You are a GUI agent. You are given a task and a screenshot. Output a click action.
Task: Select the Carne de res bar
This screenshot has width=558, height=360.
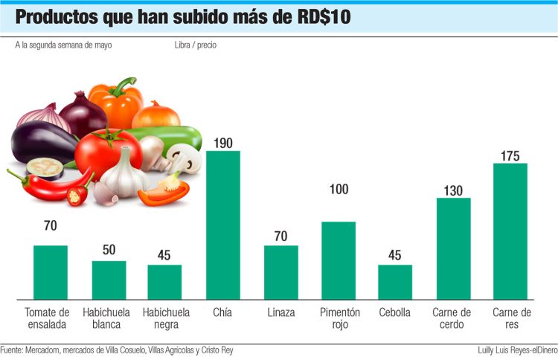pos(510,231)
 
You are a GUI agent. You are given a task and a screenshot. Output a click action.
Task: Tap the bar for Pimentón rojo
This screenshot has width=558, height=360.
pos(339,260)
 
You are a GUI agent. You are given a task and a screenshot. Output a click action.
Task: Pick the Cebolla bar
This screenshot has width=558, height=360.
pos(395,282)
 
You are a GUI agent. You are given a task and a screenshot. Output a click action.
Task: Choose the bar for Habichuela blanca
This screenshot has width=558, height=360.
pos(109,280)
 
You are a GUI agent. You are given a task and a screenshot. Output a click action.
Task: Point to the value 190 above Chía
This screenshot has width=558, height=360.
pos(223,142)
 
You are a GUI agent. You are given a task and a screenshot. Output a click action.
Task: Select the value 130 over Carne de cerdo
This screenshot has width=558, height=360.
pos(453,189)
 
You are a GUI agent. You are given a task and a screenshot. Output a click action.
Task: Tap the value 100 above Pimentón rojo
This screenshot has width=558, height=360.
pos(339,190)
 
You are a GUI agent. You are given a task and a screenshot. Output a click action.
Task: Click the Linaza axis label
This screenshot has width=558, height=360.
pos(281,312)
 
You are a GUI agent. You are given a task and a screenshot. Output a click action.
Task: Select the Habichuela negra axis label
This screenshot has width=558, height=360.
pos(166,318)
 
